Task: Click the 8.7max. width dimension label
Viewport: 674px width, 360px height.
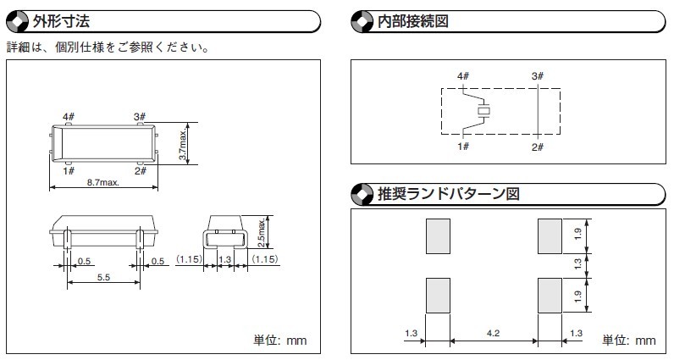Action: tap(103, 182)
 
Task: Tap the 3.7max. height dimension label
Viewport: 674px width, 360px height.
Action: tap(183, 145)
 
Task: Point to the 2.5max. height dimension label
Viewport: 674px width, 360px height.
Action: tap(261, 233)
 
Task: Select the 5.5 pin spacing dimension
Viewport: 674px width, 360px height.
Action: tap(103, 278)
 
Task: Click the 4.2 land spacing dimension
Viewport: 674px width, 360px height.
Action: tap(493, 333)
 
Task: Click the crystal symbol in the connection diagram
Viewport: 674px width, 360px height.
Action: tap(484, 111)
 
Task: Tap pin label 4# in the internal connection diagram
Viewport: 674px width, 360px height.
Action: tap(463, 76)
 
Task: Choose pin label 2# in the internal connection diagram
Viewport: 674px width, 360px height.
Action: tap(538, 147)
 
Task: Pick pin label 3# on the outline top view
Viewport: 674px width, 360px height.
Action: tap(140, 117)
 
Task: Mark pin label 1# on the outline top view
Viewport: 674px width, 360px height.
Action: tap(69, 171)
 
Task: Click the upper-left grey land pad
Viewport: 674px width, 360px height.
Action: tap(438, 236)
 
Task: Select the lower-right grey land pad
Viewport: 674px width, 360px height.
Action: tap(550, 296)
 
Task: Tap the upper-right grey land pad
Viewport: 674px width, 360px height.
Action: tap(550, 236)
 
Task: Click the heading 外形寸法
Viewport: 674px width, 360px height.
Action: tap(61, 21)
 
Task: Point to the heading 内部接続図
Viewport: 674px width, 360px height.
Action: tap(413, 21)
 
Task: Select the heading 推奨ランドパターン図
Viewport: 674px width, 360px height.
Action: tap(448, 194)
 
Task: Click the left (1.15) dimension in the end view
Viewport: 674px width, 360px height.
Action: tap(189, 259)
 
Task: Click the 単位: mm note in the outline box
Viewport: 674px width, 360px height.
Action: tap(279, 341)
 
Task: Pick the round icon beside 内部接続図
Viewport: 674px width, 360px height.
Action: tap(362, 21)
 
